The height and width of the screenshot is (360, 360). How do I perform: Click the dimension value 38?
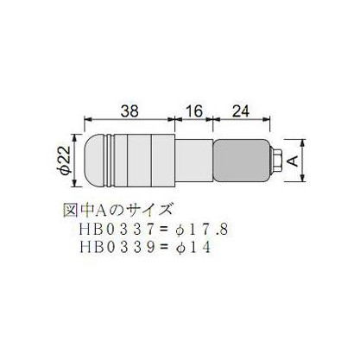coord(129,111)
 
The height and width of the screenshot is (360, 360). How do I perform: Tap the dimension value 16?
coord(194,111)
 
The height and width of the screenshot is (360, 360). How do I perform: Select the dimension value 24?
coord(241,111)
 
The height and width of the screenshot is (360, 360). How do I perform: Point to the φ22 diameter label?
coord(64,161)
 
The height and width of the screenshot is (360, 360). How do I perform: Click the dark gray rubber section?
coord(241,161)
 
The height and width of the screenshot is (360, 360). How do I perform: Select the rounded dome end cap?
coord(95,161)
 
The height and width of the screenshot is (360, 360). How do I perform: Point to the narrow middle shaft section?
coord(194,161)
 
